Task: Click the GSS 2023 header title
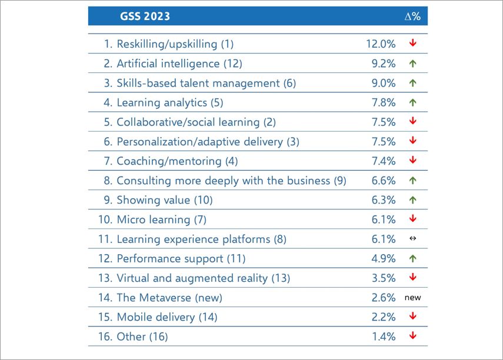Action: click(145, 16)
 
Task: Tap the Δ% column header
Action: click(412, 16)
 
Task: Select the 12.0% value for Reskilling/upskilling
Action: click(380, 44)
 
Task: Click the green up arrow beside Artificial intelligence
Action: click(413, 64)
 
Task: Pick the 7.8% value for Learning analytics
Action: click(383, 102)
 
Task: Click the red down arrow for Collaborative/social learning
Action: click(413, 122)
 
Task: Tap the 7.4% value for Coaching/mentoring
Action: click(383, 161)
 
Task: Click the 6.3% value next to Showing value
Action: click(383, 200)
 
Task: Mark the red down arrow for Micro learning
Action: click(413, 219)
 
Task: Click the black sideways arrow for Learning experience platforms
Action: click(413, 239)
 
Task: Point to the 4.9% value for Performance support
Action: click(383, 258)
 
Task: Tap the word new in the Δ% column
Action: click(412, 298)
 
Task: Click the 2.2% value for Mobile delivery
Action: click(383, 317)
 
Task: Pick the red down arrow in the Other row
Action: click(413, 336)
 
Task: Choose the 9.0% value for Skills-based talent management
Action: click(383, 83)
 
